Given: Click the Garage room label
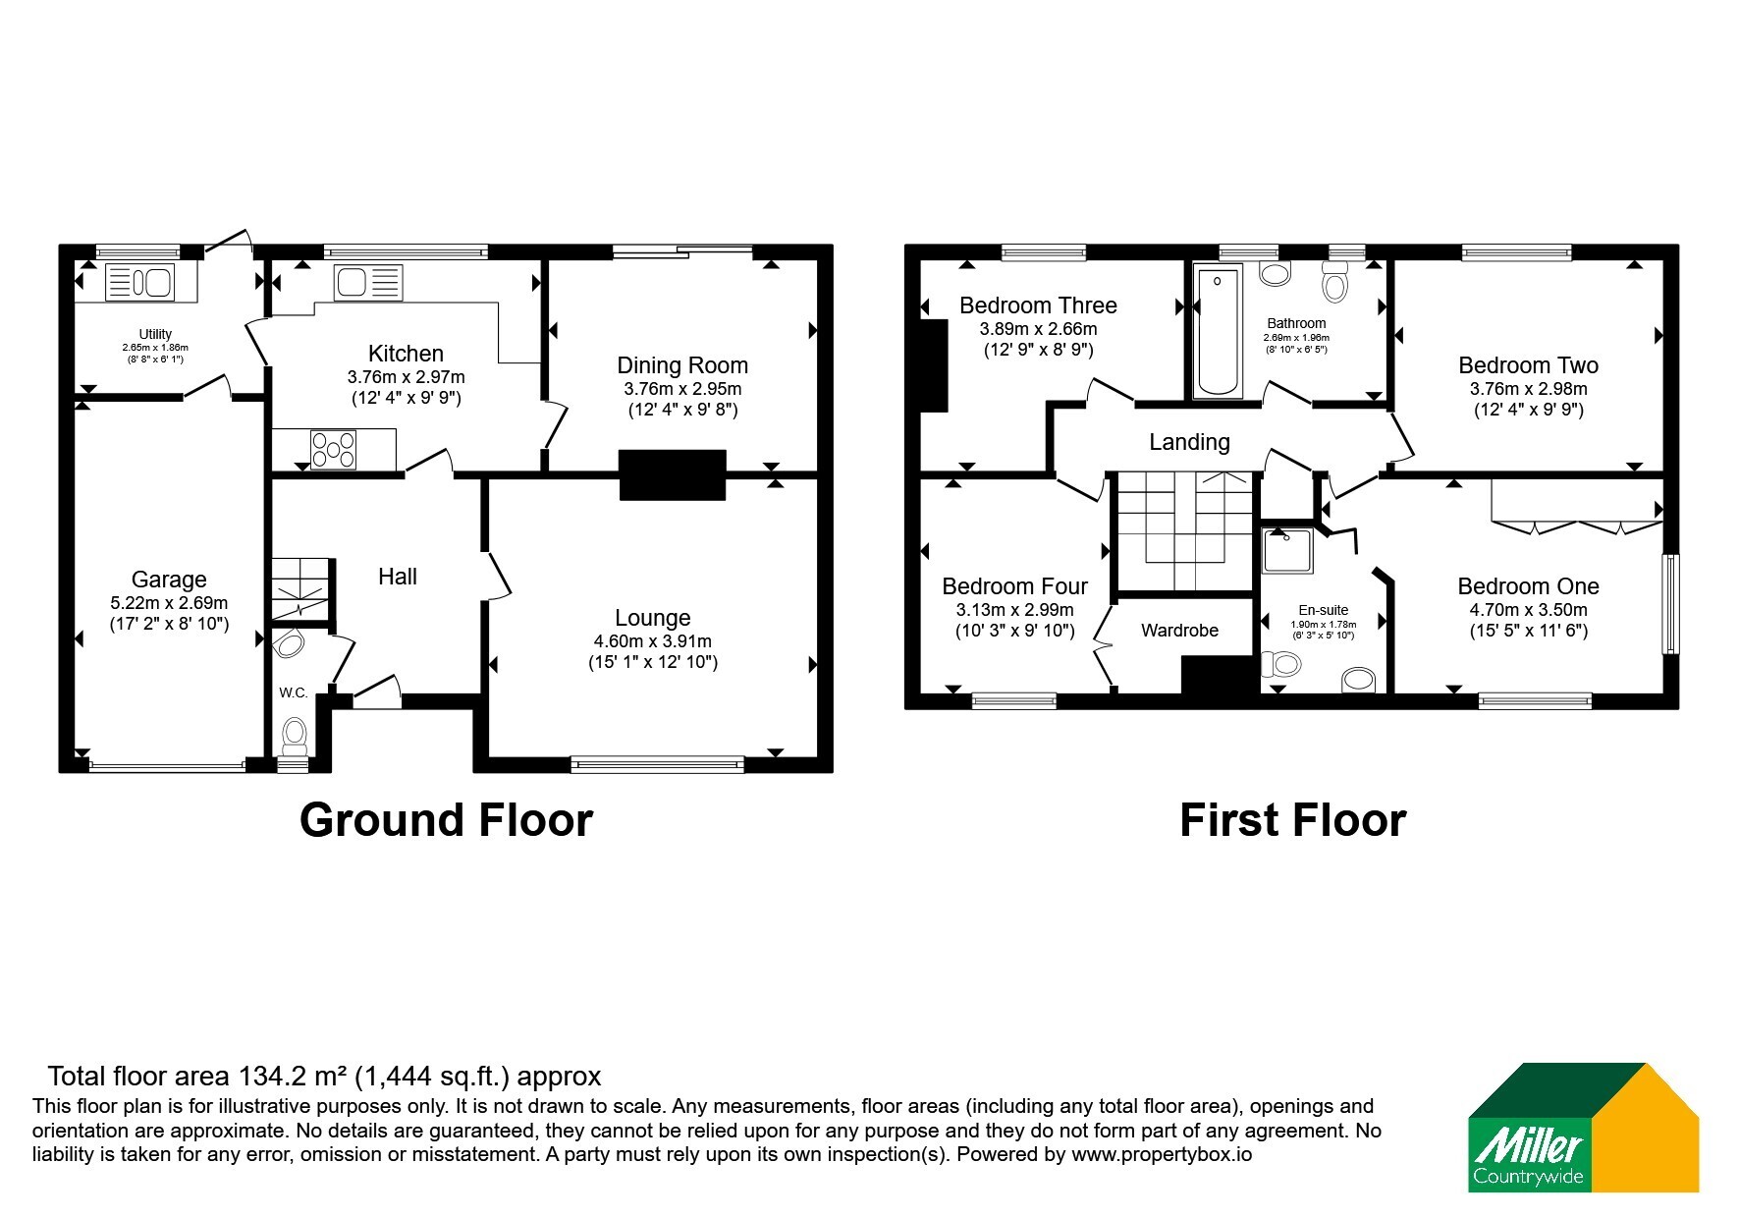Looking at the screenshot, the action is (169, 580).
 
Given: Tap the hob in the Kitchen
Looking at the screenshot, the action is (334, 450).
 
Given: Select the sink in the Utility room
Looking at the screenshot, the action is (140, 283).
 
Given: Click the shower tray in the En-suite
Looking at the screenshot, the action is (1288, 550).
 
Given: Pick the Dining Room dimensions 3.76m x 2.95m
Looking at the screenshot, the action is (682, 389).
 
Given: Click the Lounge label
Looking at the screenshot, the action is (653, 618).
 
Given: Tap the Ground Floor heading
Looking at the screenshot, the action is (446, 820).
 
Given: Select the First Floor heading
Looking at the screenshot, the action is (1292, 820).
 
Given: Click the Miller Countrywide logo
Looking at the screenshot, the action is (1583, 1128).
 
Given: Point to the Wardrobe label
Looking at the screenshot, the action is (1179, 631).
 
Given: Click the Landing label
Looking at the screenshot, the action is (1189, 442).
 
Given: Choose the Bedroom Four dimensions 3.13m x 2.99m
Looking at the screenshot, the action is (1014, 610).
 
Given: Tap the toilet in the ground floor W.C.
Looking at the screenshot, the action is (294, 733).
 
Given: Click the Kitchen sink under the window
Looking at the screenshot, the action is (367, 283).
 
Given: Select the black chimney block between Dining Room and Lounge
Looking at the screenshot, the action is (673, 475).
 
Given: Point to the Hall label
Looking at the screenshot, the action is (398, 577).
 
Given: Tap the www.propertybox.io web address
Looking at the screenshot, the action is (1162, 1155).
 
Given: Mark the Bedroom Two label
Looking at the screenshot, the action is (1528, 365).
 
